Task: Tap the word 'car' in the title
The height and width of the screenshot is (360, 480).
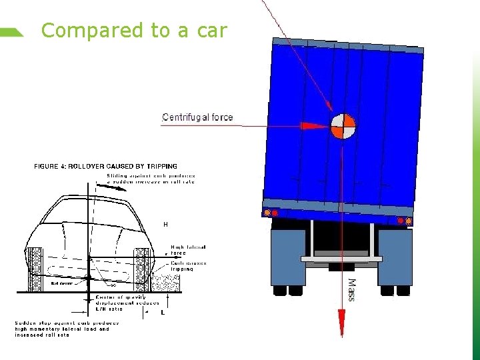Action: coord(212,31)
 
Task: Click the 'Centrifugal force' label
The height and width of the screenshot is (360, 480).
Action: coord(197,117)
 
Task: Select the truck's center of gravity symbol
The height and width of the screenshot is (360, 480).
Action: coord(343,125)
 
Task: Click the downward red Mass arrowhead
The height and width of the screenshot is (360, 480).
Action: coord(341,326)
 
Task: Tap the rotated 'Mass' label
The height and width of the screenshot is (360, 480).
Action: coord(352,290)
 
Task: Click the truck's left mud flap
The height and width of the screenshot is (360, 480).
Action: coord(287,257)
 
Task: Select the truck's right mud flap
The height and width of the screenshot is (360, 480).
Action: coord(395,257)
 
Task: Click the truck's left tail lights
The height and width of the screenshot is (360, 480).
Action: coord(270,213)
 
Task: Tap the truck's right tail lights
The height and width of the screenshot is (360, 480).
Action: coord(404,221)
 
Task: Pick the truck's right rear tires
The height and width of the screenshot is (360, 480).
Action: coord(395,291)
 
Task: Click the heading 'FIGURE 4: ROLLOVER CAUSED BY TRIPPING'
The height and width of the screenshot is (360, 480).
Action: coord(105,167)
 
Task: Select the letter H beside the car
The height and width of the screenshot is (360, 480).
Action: coord(165,225)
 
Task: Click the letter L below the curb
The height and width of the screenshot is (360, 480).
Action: coord(161,312)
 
